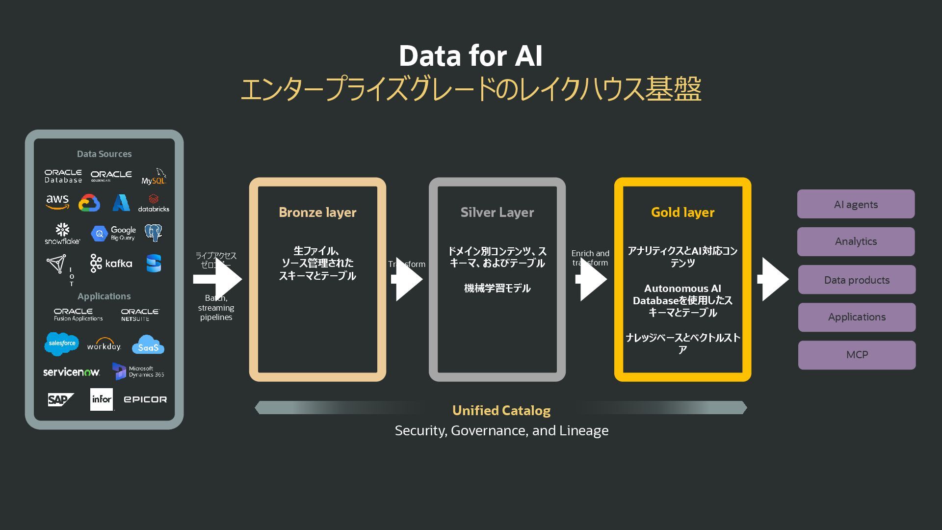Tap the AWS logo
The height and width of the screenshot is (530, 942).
[x=57, y=202]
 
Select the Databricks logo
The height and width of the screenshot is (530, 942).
[x=154, y=203]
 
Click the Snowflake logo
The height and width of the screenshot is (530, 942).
[x=62, y=234]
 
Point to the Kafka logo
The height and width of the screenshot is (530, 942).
[x=111, y=264]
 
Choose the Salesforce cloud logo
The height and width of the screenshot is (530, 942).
[x=62, y=344]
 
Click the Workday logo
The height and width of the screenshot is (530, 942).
[x=104, y=344]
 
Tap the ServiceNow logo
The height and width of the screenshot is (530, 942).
[x=72, y=372]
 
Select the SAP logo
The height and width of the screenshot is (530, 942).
[x=60, y=399]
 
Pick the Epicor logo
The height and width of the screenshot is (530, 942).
[x=145, y=399]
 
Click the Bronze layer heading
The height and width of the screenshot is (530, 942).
[x=317, y=212]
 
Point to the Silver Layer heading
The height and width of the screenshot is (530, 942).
[x=497, y=212]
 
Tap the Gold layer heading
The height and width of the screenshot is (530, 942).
[x=682, y=212]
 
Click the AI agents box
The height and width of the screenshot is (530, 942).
[x=856, y=204]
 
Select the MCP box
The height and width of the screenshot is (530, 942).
[x=857, y=355]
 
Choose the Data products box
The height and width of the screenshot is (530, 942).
[x=857, y=280]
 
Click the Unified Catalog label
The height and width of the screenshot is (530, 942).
[x=501, y=410]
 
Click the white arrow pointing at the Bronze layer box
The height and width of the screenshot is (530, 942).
[x=218, y=279]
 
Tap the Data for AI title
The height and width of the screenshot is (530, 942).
[x=471, y=55]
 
